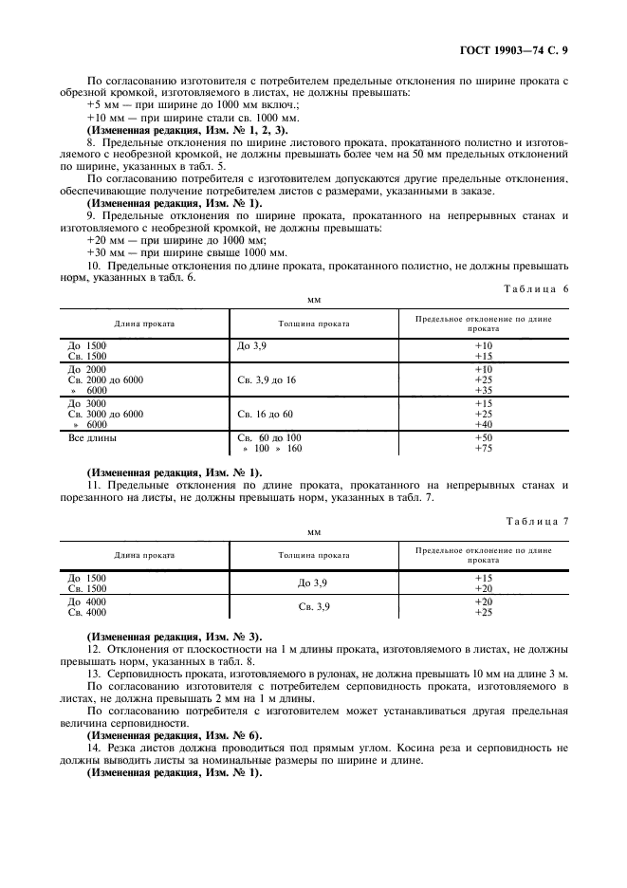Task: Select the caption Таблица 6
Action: pyautogui.click(x=537, y=288)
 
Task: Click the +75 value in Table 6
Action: pyautogui.click(x=483, y=448)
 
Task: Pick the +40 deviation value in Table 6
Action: pyautogui.click(x=483, y=425)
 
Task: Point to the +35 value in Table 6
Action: pyautogui.click(x=483, y=390)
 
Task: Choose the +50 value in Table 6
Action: pyautogui.click(x=483, y=437)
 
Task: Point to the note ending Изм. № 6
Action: pyautogui.click(x=175, y=735)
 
